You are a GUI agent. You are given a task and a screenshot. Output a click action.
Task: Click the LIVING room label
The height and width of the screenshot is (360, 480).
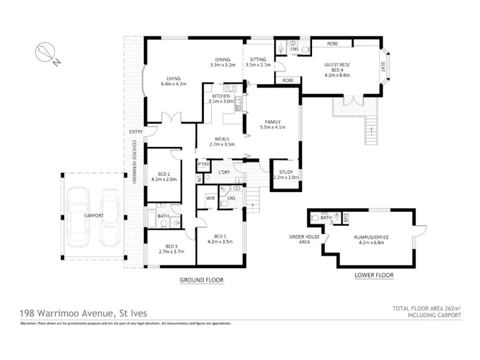pos(171,80)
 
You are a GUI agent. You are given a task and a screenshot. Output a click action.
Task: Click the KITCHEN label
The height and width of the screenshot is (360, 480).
pos(221,96)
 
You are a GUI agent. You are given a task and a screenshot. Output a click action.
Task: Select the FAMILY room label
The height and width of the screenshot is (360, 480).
pos(272,122)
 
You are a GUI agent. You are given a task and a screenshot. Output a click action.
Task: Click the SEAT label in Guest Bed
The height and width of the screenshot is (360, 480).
pos(382,62)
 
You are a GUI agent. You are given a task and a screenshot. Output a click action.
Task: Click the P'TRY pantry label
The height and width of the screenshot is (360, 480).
pos(202,164)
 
